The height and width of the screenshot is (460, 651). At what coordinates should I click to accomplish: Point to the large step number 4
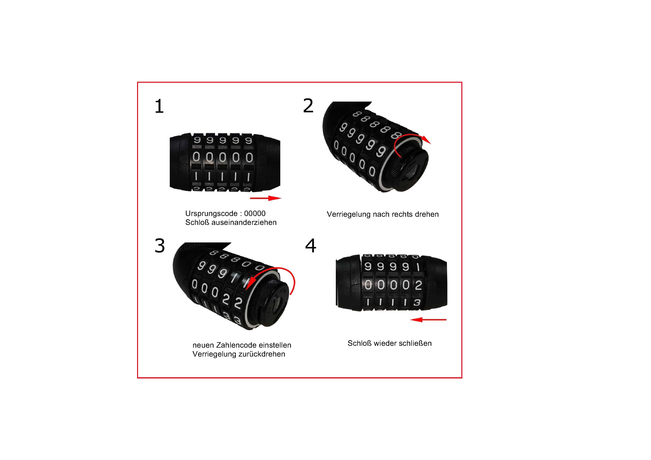pos(311,246)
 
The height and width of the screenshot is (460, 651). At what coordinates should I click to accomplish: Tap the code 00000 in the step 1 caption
pos(255,213)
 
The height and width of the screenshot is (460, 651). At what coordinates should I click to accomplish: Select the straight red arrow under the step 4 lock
pos(428,320)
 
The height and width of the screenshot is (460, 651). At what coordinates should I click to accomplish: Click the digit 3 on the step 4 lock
pos(417,303)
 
